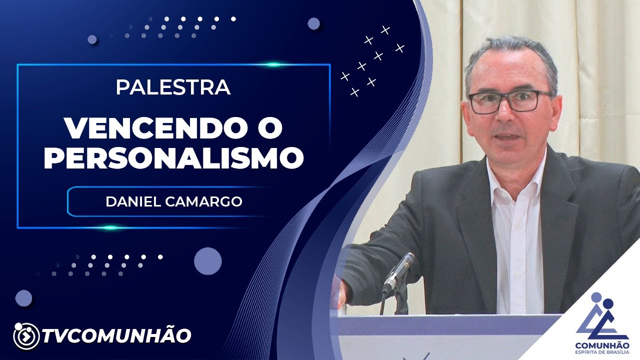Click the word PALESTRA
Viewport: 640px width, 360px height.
173,87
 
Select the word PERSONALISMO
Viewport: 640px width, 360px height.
173,157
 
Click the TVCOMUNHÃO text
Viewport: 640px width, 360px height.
116,335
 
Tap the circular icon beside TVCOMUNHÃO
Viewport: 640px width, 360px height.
25,336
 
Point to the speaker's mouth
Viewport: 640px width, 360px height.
508,137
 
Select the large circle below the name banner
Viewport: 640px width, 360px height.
207,261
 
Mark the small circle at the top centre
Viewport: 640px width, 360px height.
313,23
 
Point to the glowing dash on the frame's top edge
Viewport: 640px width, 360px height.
273,64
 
